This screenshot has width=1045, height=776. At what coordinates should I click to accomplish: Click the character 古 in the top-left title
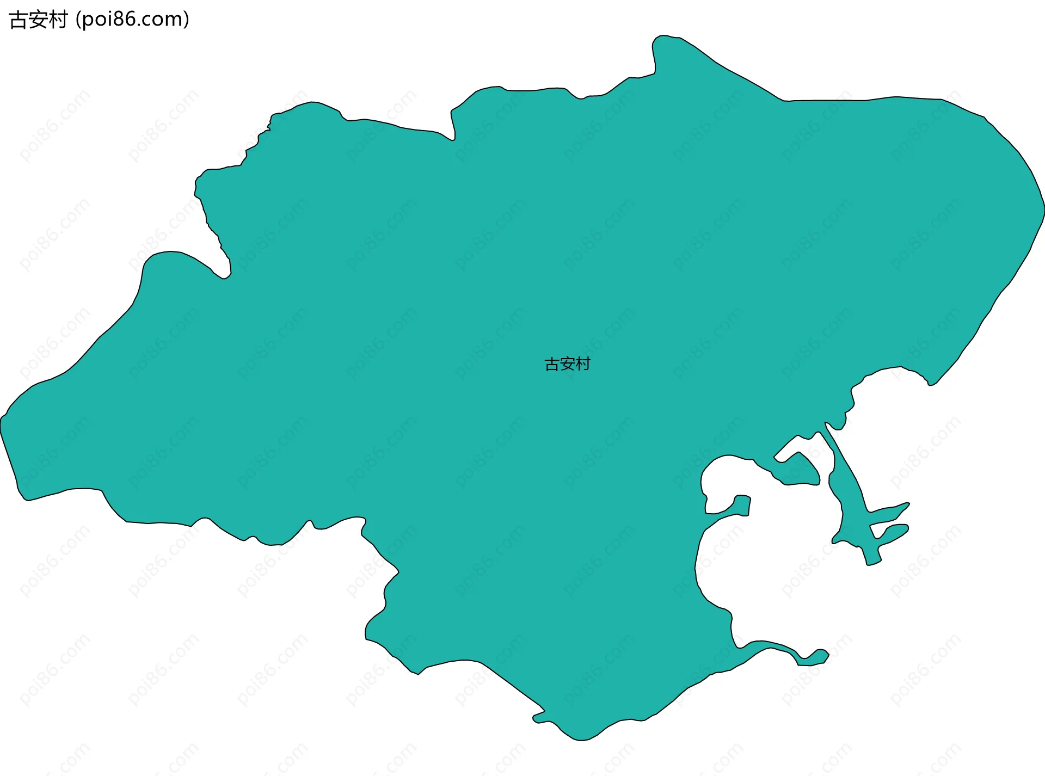tap(19, 20)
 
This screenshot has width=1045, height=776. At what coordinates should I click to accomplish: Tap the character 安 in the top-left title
tap(38, 20)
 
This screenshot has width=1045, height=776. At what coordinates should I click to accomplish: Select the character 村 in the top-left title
tap(58, 20)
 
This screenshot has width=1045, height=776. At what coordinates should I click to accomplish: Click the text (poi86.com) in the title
tap(132, 20)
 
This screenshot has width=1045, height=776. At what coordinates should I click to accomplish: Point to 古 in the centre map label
tap(552, 364)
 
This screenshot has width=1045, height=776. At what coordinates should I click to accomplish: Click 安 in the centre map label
tap(568, 364)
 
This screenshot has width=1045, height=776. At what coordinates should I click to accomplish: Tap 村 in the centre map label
tap(583, 364)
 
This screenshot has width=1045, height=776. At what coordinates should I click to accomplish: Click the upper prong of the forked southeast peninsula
tap(906, 504)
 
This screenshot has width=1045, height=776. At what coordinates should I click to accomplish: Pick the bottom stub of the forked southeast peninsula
tap(873, 562)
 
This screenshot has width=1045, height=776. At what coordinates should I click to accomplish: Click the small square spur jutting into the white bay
tap(742, 504)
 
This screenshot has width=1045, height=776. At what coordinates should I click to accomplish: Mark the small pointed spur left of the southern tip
tap(536, 719)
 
